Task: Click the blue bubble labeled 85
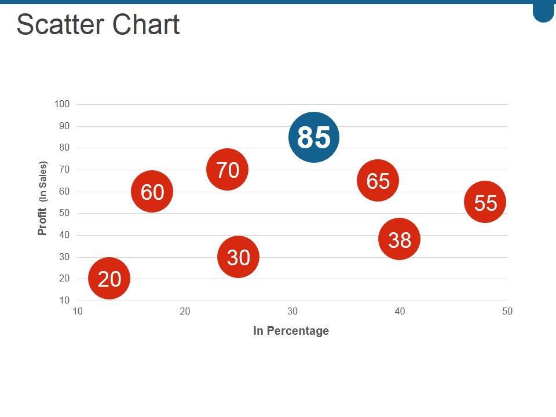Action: pyautogui.click(x=313, y=137)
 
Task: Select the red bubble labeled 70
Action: pyautogui.click(x=228, y=170)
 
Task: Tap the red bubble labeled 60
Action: pyautogui.click(x=152, y=192)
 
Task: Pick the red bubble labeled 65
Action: pyautogui.click(x=378, y=181)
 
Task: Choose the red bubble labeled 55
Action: pyautogui.click(x=485, y=202)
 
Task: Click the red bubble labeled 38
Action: pyautogui.click(x=399, y=239)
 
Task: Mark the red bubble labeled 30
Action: pyautogui.click(x=238, y=257)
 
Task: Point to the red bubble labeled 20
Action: pyautogui.click(x=109, y=279)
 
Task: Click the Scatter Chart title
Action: pyautogui.click(x=98, y=25)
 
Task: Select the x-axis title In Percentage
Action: pyautogui.click(x=291, y=331)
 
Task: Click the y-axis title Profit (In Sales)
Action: pyautogui.click(x=42, y=198)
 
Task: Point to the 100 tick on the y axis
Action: pyautogui.click(x=62, y=104)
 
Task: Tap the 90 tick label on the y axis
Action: pyautogui.click(x=64, y=126)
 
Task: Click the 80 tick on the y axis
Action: pyautogui.click(x=64, y=148)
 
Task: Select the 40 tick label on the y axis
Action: pyautogui.click(x=64, y=235)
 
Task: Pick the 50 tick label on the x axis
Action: pyautogui.click(x=507, y=312)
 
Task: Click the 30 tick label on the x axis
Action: pyautogui.click(x=292, y=312)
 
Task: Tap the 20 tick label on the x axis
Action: pyautogui.click(x=185, y=312)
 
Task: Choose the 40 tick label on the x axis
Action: pyautogui.click(x=400, y=312)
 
